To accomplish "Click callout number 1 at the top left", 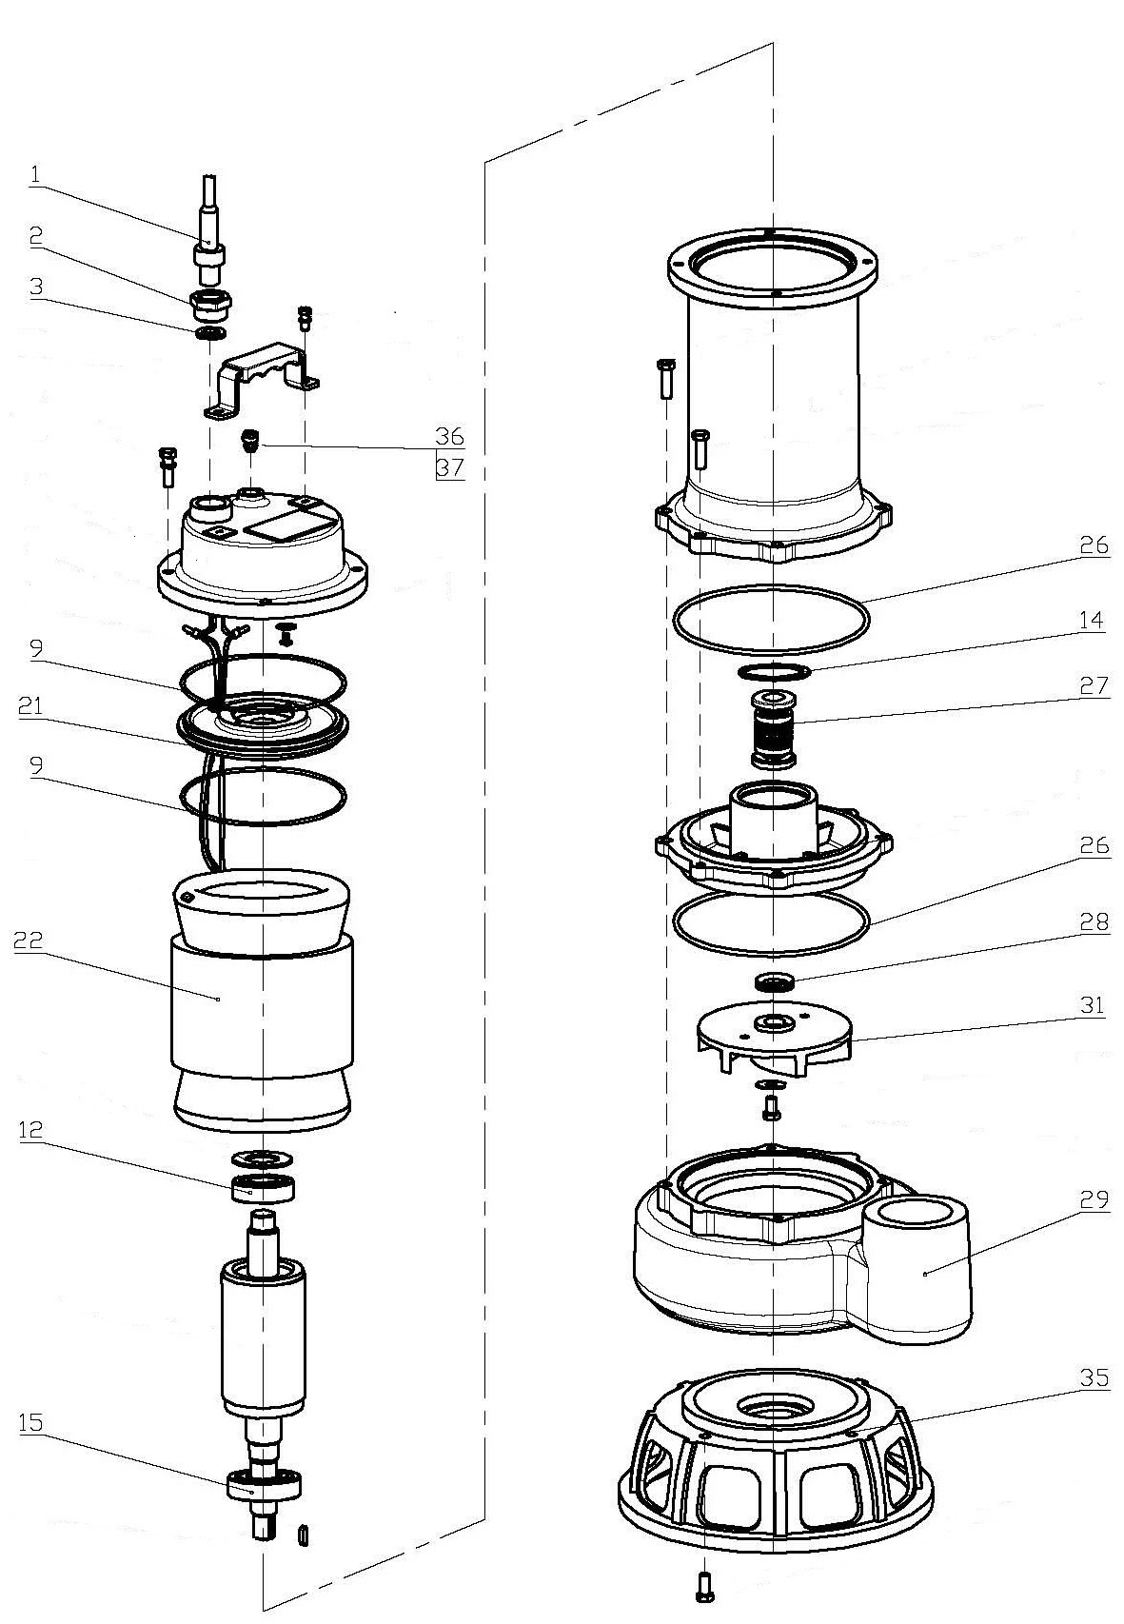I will [35, 175].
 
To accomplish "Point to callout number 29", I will [1094, 1199].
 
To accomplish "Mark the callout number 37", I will [449, 467].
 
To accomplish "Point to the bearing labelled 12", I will [264, 1188].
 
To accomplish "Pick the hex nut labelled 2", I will [210, 303].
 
